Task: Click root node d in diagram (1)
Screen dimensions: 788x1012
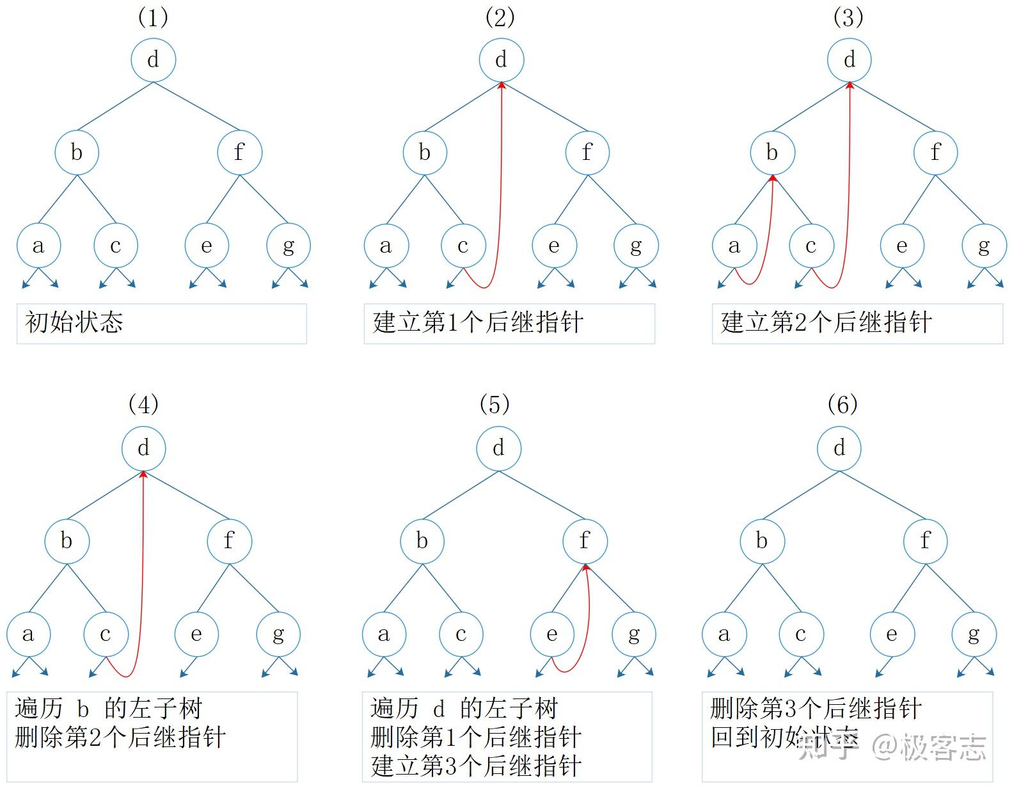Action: click(x=153, y=59)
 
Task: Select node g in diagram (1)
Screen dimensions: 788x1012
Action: click(x=289, y=246)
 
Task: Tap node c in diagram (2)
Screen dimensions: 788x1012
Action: click(x=463, y=246)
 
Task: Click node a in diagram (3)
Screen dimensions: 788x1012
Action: click(x=734, y=246)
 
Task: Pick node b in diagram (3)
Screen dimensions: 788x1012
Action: click(x=772, y=152)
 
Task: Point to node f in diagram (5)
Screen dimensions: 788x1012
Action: click(x=585, y=540)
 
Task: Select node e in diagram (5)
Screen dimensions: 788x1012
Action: click(x=552, y=634)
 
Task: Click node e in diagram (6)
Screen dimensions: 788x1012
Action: click(x=892, y=634)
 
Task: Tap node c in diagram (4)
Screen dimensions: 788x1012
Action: click(x=106, y=634)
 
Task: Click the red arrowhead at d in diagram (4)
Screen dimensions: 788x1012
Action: click(x=143, y=474)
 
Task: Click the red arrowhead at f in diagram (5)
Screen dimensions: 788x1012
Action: click(x=585, y=567)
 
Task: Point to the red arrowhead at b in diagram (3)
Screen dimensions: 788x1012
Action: click(x=773, y=178)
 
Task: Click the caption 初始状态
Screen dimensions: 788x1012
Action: click(x=74, y=322)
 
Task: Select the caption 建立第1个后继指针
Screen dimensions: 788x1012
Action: click(x=478, y=322)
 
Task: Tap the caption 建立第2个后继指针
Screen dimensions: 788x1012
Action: click(x=826, y=322)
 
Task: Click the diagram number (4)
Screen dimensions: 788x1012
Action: click(x=143, y=404)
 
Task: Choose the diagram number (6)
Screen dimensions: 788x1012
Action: click(x=842, y=404)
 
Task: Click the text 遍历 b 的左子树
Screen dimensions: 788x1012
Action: click(x=108, y=709)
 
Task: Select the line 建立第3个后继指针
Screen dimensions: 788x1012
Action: click(x=476, y=766)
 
